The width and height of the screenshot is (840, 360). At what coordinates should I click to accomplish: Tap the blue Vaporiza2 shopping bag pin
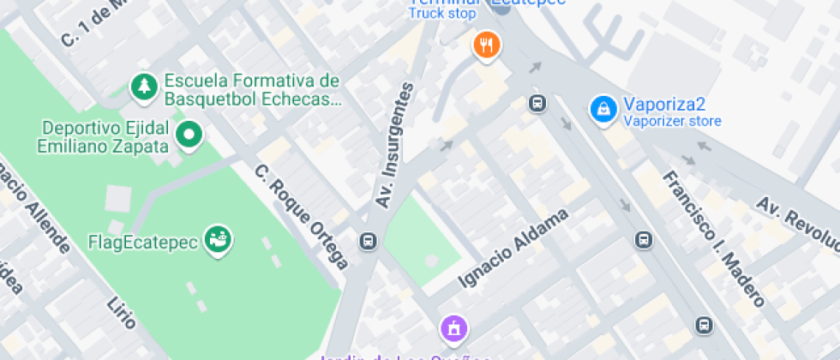[604, 109]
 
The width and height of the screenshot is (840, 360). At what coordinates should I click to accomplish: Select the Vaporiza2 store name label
[664, 105]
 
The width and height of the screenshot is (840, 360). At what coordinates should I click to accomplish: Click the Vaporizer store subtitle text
[672, 122]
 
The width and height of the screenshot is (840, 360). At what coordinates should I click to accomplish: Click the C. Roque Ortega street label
[302, 217]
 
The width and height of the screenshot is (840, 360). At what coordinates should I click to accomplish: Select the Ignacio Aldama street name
[513, 248]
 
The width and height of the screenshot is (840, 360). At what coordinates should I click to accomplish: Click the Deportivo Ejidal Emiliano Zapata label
[102, 137]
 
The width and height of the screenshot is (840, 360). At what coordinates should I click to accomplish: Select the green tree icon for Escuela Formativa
[142, 86]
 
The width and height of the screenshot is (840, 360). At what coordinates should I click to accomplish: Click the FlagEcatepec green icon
[219, 240]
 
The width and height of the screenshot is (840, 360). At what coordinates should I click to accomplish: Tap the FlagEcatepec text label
[143, 242]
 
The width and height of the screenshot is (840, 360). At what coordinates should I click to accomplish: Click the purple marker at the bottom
[453, 327]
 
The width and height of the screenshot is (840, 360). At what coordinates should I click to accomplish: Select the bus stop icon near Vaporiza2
[537, 105]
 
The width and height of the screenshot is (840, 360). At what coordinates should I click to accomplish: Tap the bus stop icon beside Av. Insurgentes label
[369, 241]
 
